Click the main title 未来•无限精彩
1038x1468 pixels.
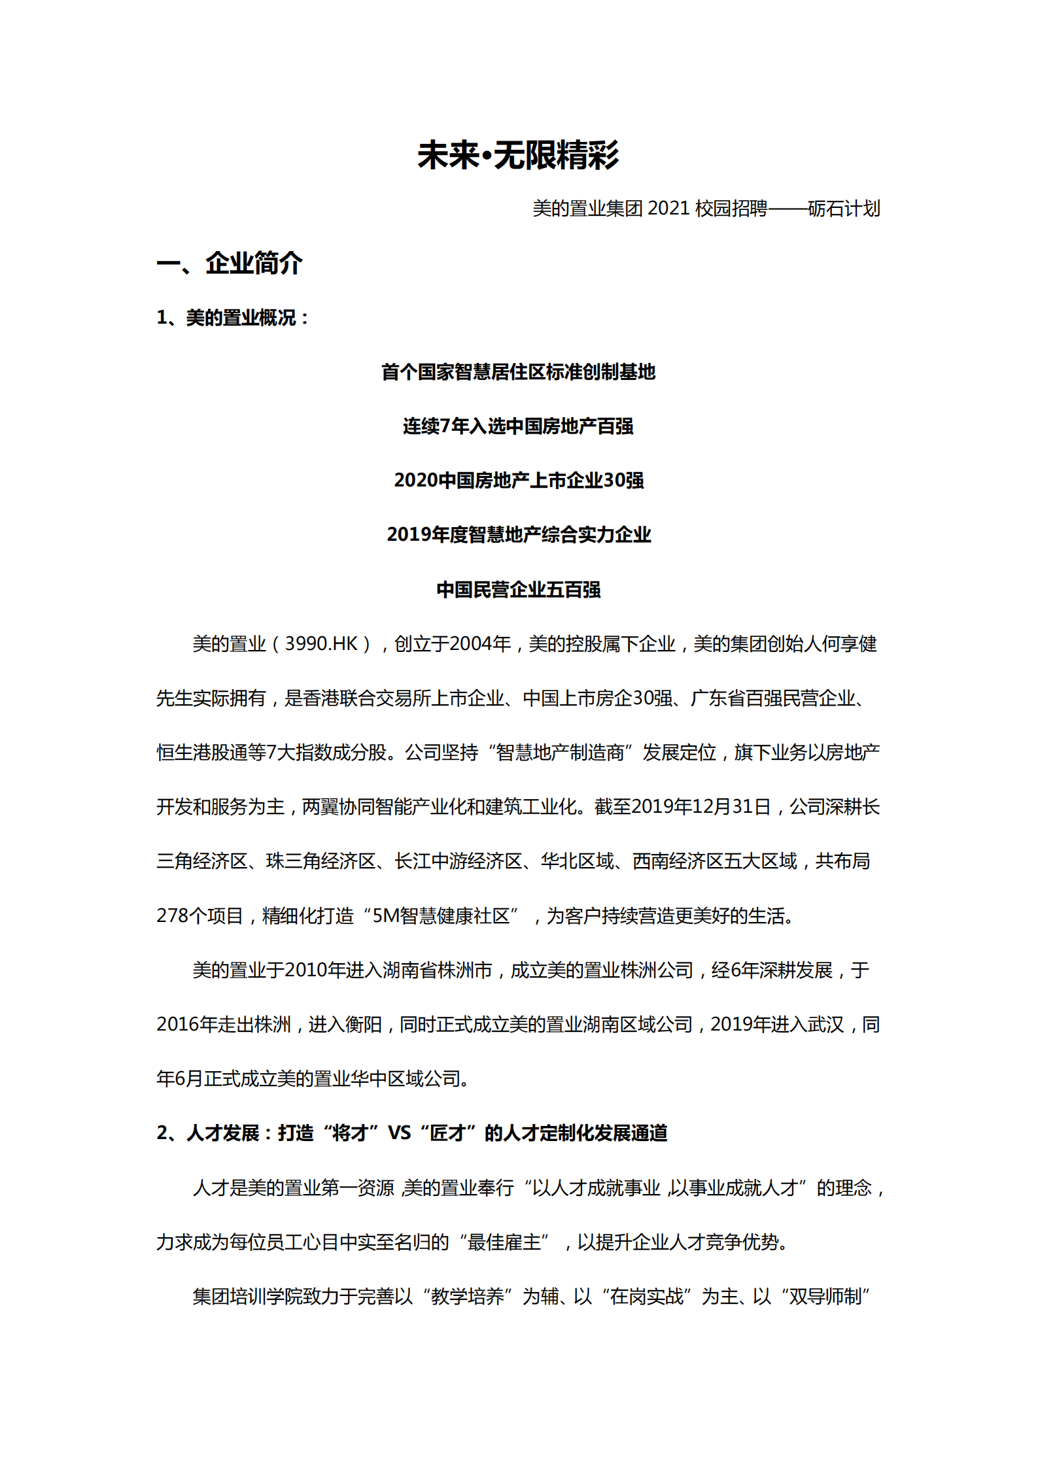(x=518, y=156)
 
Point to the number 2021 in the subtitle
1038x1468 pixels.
(x=669, y=209)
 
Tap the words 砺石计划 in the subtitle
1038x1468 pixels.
(x=844, y=209)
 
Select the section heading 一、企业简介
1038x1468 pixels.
(x=230, y=264)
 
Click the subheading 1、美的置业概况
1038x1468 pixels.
(x=232, y=318)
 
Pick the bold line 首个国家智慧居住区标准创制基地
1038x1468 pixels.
(x=518, y=372)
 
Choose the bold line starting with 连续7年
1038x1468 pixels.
(x=518, y=426)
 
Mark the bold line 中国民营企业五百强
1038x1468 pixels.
(x=518, y=589)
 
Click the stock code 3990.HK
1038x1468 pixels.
(x=321, y=644)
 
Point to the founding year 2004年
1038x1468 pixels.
(x=480, y=644)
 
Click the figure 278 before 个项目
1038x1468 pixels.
(x=172, y=915)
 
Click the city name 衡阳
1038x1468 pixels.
(x=363, y=1024)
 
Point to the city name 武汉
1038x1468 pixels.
(x=825, y=1024)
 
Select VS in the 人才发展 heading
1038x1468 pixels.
(x=399, y=1133)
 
